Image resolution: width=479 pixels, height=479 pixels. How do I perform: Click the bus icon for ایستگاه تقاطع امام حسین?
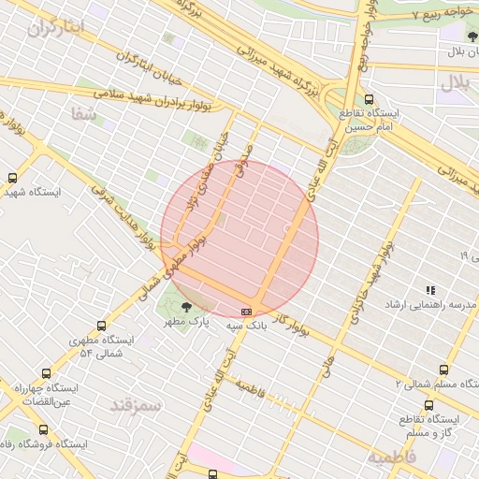click(369, 99)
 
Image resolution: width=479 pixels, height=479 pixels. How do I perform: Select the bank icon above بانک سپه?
click(246, 312)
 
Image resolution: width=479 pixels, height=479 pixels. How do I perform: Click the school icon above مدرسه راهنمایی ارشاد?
click(429, 291)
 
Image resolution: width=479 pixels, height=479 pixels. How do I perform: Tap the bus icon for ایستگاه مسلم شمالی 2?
click(443, 370)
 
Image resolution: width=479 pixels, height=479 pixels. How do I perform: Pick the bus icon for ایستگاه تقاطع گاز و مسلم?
click(428, 405)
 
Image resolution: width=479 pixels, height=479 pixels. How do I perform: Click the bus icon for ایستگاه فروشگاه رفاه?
click(43, 429)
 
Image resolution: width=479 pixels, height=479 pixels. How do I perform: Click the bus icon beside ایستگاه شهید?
click(12, 178)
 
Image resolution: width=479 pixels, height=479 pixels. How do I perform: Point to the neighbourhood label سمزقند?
click(137, 405)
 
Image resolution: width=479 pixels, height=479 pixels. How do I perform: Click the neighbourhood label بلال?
click(458, 82)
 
